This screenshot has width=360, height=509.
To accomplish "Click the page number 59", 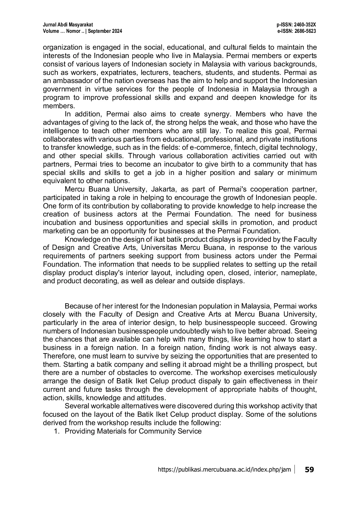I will click(309, 470).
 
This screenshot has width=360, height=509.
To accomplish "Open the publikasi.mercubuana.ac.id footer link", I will click(224, 470).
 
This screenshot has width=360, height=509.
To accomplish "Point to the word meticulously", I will click(297, 373).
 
